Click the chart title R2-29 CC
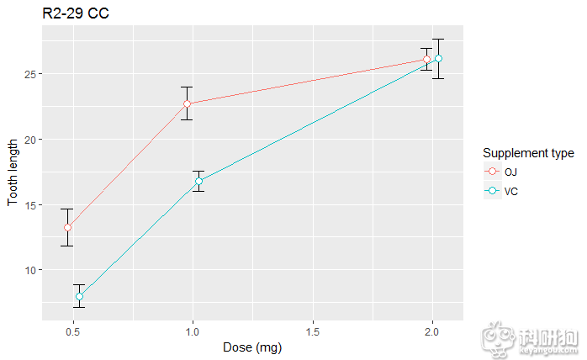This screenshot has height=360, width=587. click(x=75, y=13)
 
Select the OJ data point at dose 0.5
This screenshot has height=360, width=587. click(x=67, y=227)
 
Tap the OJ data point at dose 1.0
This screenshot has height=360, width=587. click(x=188, y=103)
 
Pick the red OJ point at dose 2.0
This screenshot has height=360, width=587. click(x=427, y=59)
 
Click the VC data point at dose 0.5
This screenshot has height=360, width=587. click(x=79, y=296)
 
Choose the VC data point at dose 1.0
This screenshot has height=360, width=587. click(x=199, y=181)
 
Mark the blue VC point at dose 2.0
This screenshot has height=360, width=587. click(x=438, y=58)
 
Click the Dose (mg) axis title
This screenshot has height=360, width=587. click(x=252, y=347)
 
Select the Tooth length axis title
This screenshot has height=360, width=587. click(x=13, y=172)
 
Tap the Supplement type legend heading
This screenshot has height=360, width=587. click(x=528, y=153)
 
